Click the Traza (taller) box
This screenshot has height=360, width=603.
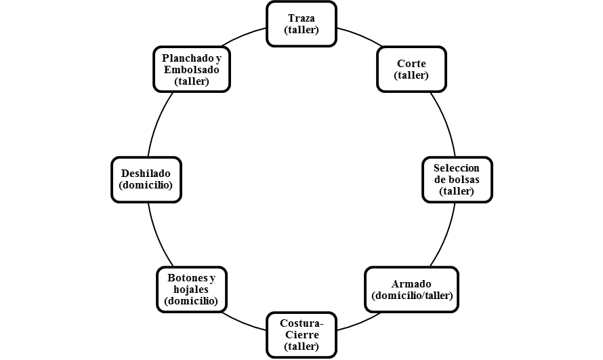coord(301,24)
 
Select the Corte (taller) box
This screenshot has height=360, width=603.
coord(411,69)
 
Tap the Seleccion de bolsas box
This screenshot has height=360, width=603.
coord(457,180)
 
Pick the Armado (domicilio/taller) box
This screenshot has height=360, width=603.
coord(411,289)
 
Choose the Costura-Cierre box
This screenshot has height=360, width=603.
coord(301,335)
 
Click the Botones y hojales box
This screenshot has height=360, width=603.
coord(192,289)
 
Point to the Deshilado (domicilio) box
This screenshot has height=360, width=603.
coord(146,180)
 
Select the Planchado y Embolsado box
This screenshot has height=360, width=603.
coord(192,69)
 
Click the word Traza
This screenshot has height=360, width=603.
coord(301,18)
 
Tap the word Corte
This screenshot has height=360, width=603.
coord(411,64)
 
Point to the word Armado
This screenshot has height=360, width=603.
coord(411,284)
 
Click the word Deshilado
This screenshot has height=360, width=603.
coord(146,174)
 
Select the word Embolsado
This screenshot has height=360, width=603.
coord(192,70)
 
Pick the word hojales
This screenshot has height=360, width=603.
coord(191,289)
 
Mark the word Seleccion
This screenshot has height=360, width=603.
coord(457,168)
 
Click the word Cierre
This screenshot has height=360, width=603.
coord(302,335)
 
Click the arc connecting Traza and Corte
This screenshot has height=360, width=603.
coord(360,35)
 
